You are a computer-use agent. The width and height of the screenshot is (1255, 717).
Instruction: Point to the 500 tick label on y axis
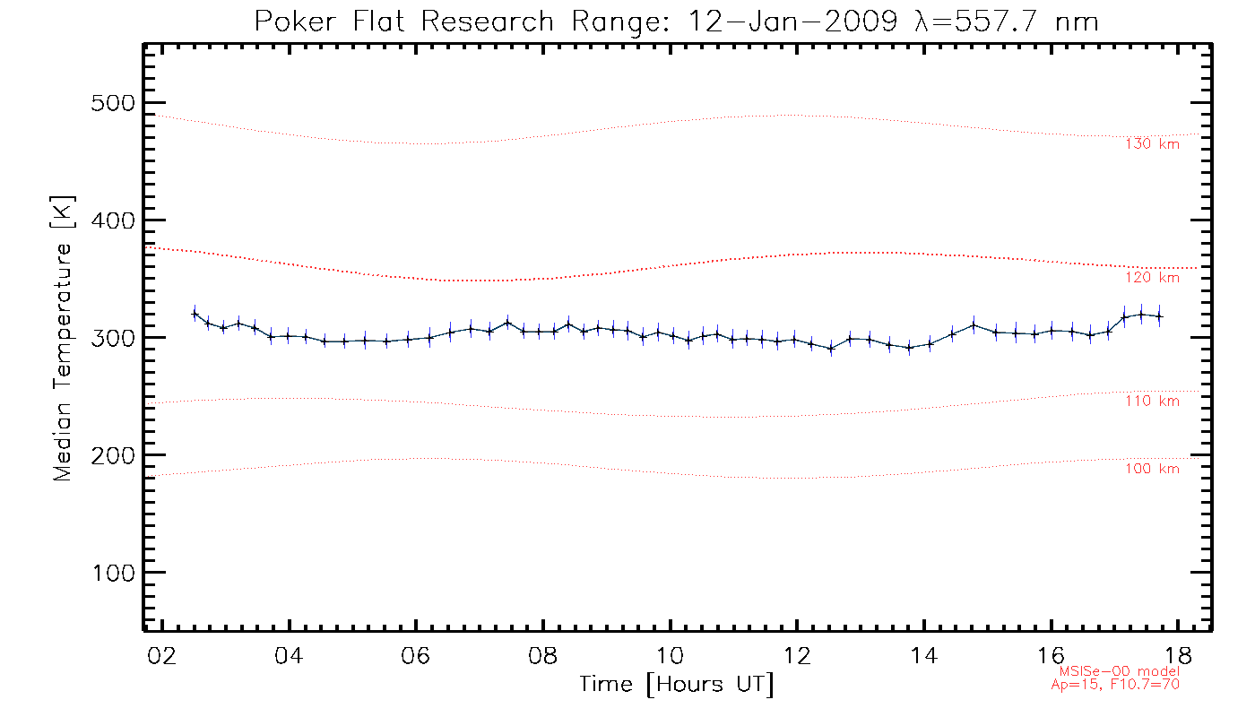pyautogui.click(x=113, y=103)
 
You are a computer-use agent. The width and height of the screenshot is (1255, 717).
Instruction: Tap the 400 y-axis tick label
pyautogui.click(x=113, y=220)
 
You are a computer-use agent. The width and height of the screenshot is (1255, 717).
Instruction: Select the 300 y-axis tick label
pyautogui.click(x=113, y=338)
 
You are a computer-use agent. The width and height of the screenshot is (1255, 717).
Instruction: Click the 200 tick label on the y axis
pyautogui.click(x=113, y=455)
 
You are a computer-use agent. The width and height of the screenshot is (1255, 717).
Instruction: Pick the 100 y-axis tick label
pyautogui.click(x=113, y=573)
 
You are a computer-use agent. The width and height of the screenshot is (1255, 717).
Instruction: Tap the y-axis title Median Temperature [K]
pyautogui.click(x=62, y=339)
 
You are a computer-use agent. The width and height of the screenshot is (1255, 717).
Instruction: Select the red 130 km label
pyautogui.click(x=1152, y=143)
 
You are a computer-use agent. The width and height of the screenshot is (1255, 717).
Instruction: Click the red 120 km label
pyautogui.click(x=1152, y=278)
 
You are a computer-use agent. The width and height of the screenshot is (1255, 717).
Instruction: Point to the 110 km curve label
pyautogui.click(x=1152, y=402)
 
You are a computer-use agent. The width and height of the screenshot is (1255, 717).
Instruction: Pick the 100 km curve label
pyautogui.click(x=1152, y=469)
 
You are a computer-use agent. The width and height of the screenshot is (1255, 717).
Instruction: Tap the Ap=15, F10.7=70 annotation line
pyautogui.click(x=1115, y=684)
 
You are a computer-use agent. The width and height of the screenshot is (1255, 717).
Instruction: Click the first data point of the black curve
pyautogui.click(x=195, y=313)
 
